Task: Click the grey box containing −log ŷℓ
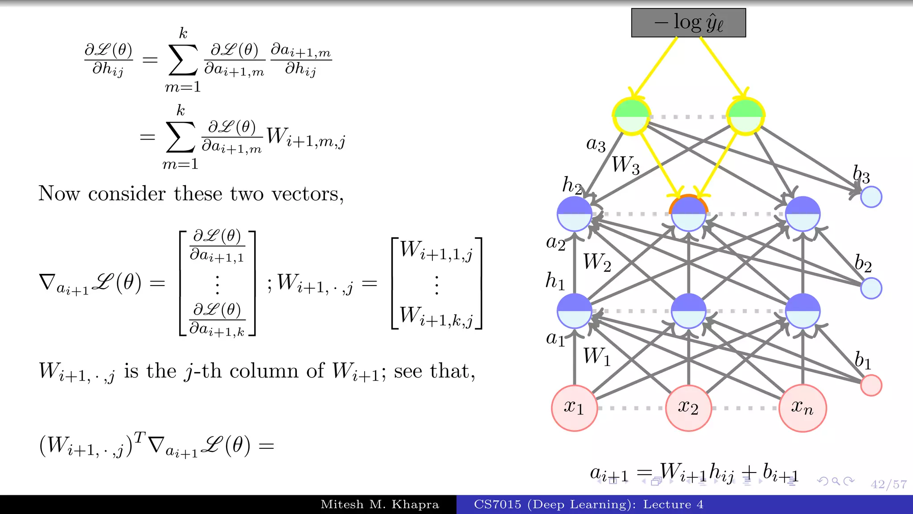coord(688,23)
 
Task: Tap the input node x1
coord(574,408)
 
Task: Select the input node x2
coord(688,408)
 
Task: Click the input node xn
coord(802,408)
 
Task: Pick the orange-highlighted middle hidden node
coord(688,214)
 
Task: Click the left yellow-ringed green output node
coord(631,116)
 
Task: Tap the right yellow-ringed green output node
coord(745,116)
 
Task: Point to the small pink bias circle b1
coord(871,385)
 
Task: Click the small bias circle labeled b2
coord(871,288)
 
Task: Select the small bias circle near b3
coord(871,197)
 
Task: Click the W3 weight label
coord(625,165)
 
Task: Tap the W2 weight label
coord(597,262)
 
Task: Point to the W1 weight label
coord(597,357)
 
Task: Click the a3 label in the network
coord(596,144)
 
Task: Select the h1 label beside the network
coord(555,281)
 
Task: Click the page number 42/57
coord(888,484)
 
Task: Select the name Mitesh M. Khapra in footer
coord(380,505)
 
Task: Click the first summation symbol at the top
coord(183,60)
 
